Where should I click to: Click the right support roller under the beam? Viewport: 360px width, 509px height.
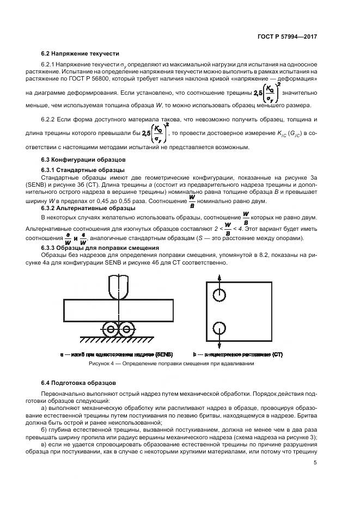coord(126,328)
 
